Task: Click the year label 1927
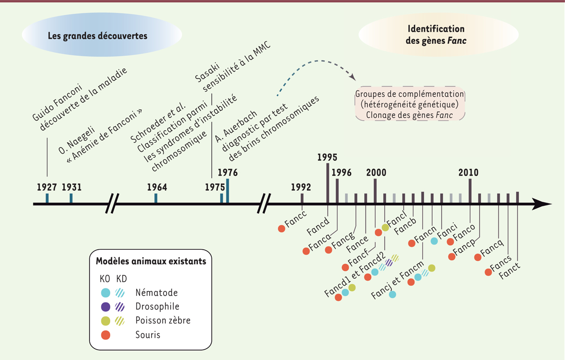pyautogui.click(x=47, y=187)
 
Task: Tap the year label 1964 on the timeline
pyautogui.click(x=157, y=187)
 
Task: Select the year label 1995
pyautogui.click(x=327, y=157)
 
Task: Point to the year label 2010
pyautogui.click(x=469, y=172)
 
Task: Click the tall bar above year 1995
pyautogui.click(x=328, y=183)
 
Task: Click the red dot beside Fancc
pyautogui.click(x=282, y=229)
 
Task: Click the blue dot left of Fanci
pyautogui.click(x=435, y=241)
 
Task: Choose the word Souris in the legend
pyautogui.click(x=148, y=335)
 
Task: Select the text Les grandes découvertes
pyautogui.click(x=98, y=36)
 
